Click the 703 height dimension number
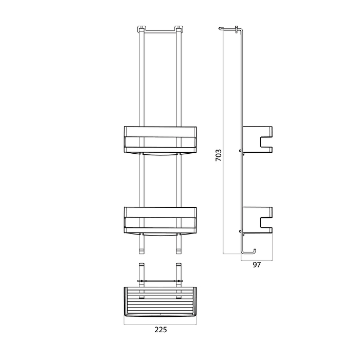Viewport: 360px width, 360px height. click(x=219, y=155)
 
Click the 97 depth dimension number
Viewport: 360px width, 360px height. click(x=257, y=265)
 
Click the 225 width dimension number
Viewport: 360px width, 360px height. click(x=160, y=330)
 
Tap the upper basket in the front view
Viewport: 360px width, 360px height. click(x=160, y=140)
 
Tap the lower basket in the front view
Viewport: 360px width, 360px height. click(x=160, y=221)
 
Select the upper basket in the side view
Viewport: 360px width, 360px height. click(x=257, y=139)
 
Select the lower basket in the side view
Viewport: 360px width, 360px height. click(x=257, y=220)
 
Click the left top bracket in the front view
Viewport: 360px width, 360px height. click(x=141, y=29)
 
